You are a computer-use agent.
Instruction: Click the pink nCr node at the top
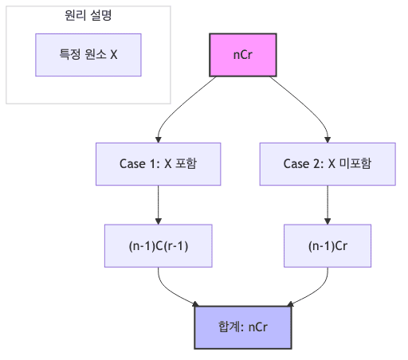pyautogui.click(x=242, y=56)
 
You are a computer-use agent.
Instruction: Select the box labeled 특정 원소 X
pyautogui.click(x=88, y=55)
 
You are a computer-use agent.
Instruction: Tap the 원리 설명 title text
pyautogui.click(x=88, y=15)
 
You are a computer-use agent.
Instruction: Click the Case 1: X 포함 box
pyautogui.click(x=158, y=164)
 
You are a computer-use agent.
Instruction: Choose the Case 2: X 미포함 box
pyautogui.click(x=328, y=164)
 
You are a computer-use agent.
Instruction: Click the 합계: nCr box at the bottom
pyautogui.click(x=242, y=327)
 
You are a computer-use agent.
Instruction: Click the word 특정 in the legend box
pyautogui.click(x=70, y=55)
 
